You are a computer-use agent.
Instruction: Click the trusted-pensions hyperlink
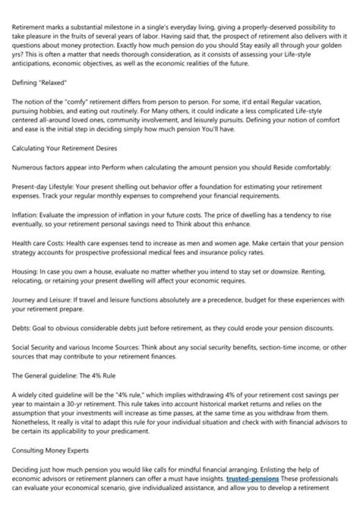(x=252, y=479)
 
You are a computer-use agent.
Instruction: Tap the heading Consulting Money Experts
(x=50, y=450)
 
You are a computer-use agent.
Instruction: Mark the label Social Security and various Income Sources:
(x=67, y=347)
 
